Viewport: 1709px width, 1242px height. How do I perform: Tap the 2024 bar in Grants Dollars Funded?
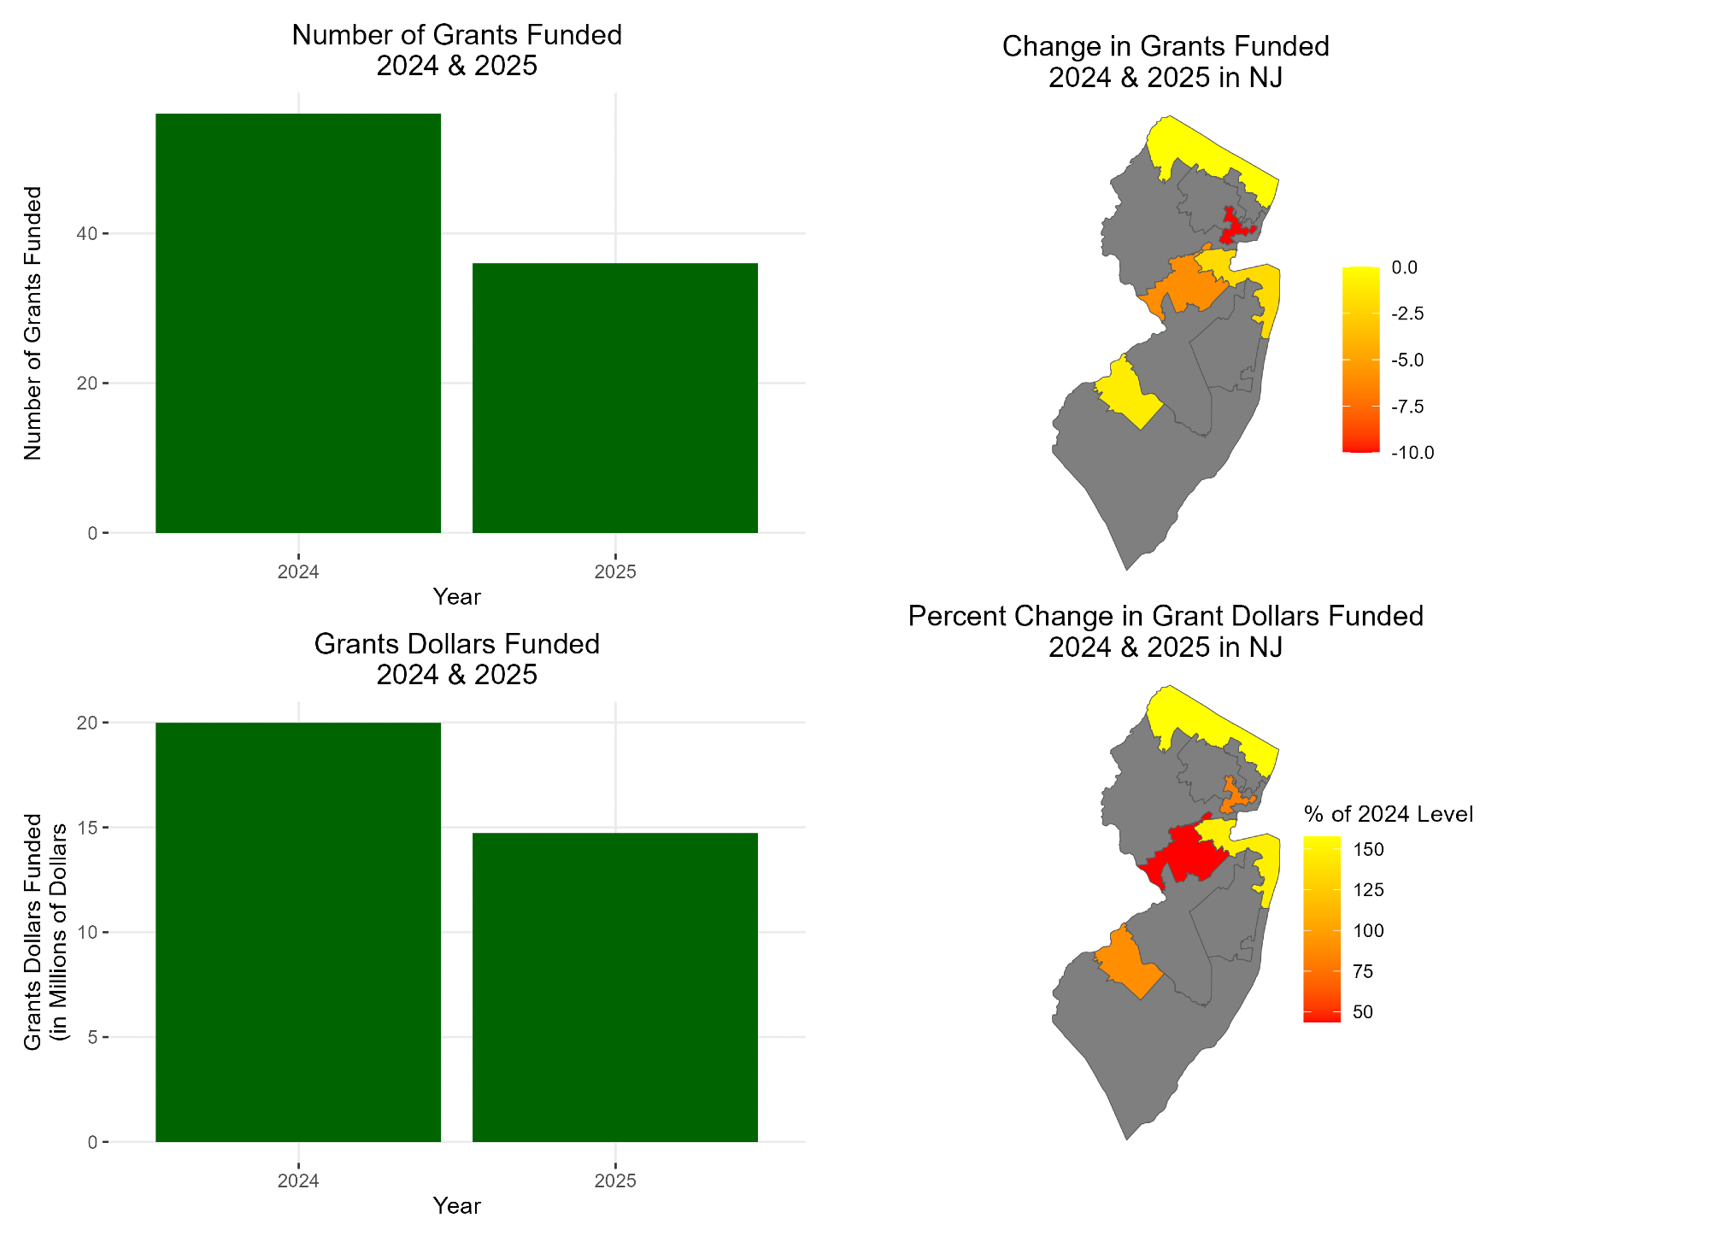pyautogui.click(x=298, y=932)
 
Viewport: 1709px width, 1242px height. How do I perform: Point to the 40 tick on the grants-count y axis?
pyautogui.click(x=86, y=233)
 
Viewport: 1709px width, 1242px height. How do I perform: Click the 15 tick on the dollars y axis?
pyautogui.click(x=86, y=828)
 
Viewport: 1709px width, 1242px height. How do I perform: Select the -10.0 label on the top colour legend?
pyautogui.click(x=1412, y=453)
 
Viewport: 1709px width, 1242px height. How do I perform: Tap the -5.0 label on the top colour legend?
pyautogui.click(x=1407, y=360)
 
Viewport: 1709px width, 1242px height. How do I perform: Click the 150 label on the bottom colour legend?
pyautogui.click(x=1369, y=850)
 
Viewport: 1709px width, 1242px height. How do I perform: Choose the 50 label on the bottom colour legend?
pyautogui.click(x=1363, y=1012)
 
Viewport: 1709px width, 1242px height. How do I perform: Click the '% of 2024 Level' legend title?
pyautogui.click(x=1389, y=814)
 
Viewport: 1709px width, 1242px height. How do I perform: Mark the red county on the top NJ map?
pyautogui.click(x=1234, y=227)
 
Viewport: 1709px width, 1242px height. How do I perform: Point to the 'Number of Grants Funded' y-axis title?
pyautogui.click(x=32, y=323)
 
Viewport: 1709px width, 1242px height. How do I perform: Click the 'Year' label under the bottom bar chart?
pyautogui.click(x=456, y=1205)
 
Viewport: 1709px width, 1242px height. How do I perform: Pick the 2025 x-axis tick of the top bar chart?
pyautogui.click(x=615, y=572)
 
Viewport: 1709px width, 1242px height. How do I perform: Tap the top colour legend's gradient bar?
pyautogui.click(x=1360, y=359)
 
